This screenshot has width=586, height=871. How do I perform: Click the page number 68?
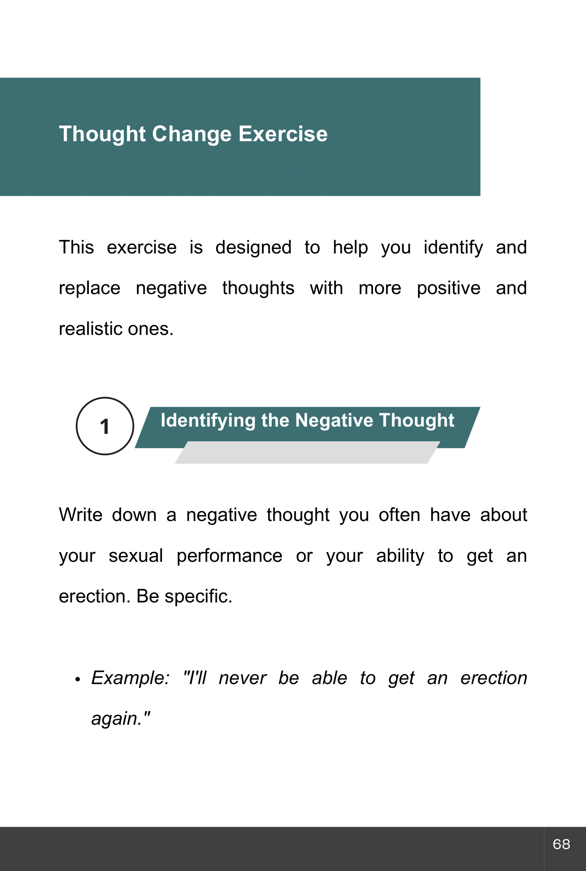[x=561, y=844]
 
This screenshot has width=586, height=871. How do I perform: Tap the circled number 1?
[x=105, y=426]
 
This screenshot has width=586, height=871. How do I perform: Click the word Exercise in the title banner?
[x=283, y=134]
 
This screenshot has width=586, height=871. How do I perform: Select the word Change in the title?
[x=192, y=134]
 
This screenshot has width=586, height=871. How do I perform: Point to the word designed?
[x=253, y=248]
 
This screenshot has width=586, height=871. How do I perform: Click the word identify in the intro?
[x=453, y=248]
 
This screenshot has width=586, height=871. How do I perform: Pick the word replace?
[x=89, y=288]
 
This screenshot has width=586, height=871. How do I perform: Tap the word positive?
[x=449, y=288]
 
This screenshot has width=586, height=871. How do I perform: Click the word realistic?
[x=89, y=329]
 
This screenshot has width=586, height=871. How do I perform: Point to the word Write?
[x=81, y=515]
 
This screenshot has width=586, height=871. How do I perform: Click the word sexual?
[x=136, y=556]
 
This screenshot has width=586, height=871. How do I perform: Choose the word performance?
[x=230, y=556]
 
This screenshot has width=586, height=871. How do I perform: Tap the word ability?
[x=400, y=556]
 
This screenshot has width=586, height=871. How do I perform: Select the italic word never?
[x=242, y=678]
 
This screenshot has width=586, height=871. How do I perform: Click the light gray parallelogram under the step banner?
[x=306, y=455]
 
